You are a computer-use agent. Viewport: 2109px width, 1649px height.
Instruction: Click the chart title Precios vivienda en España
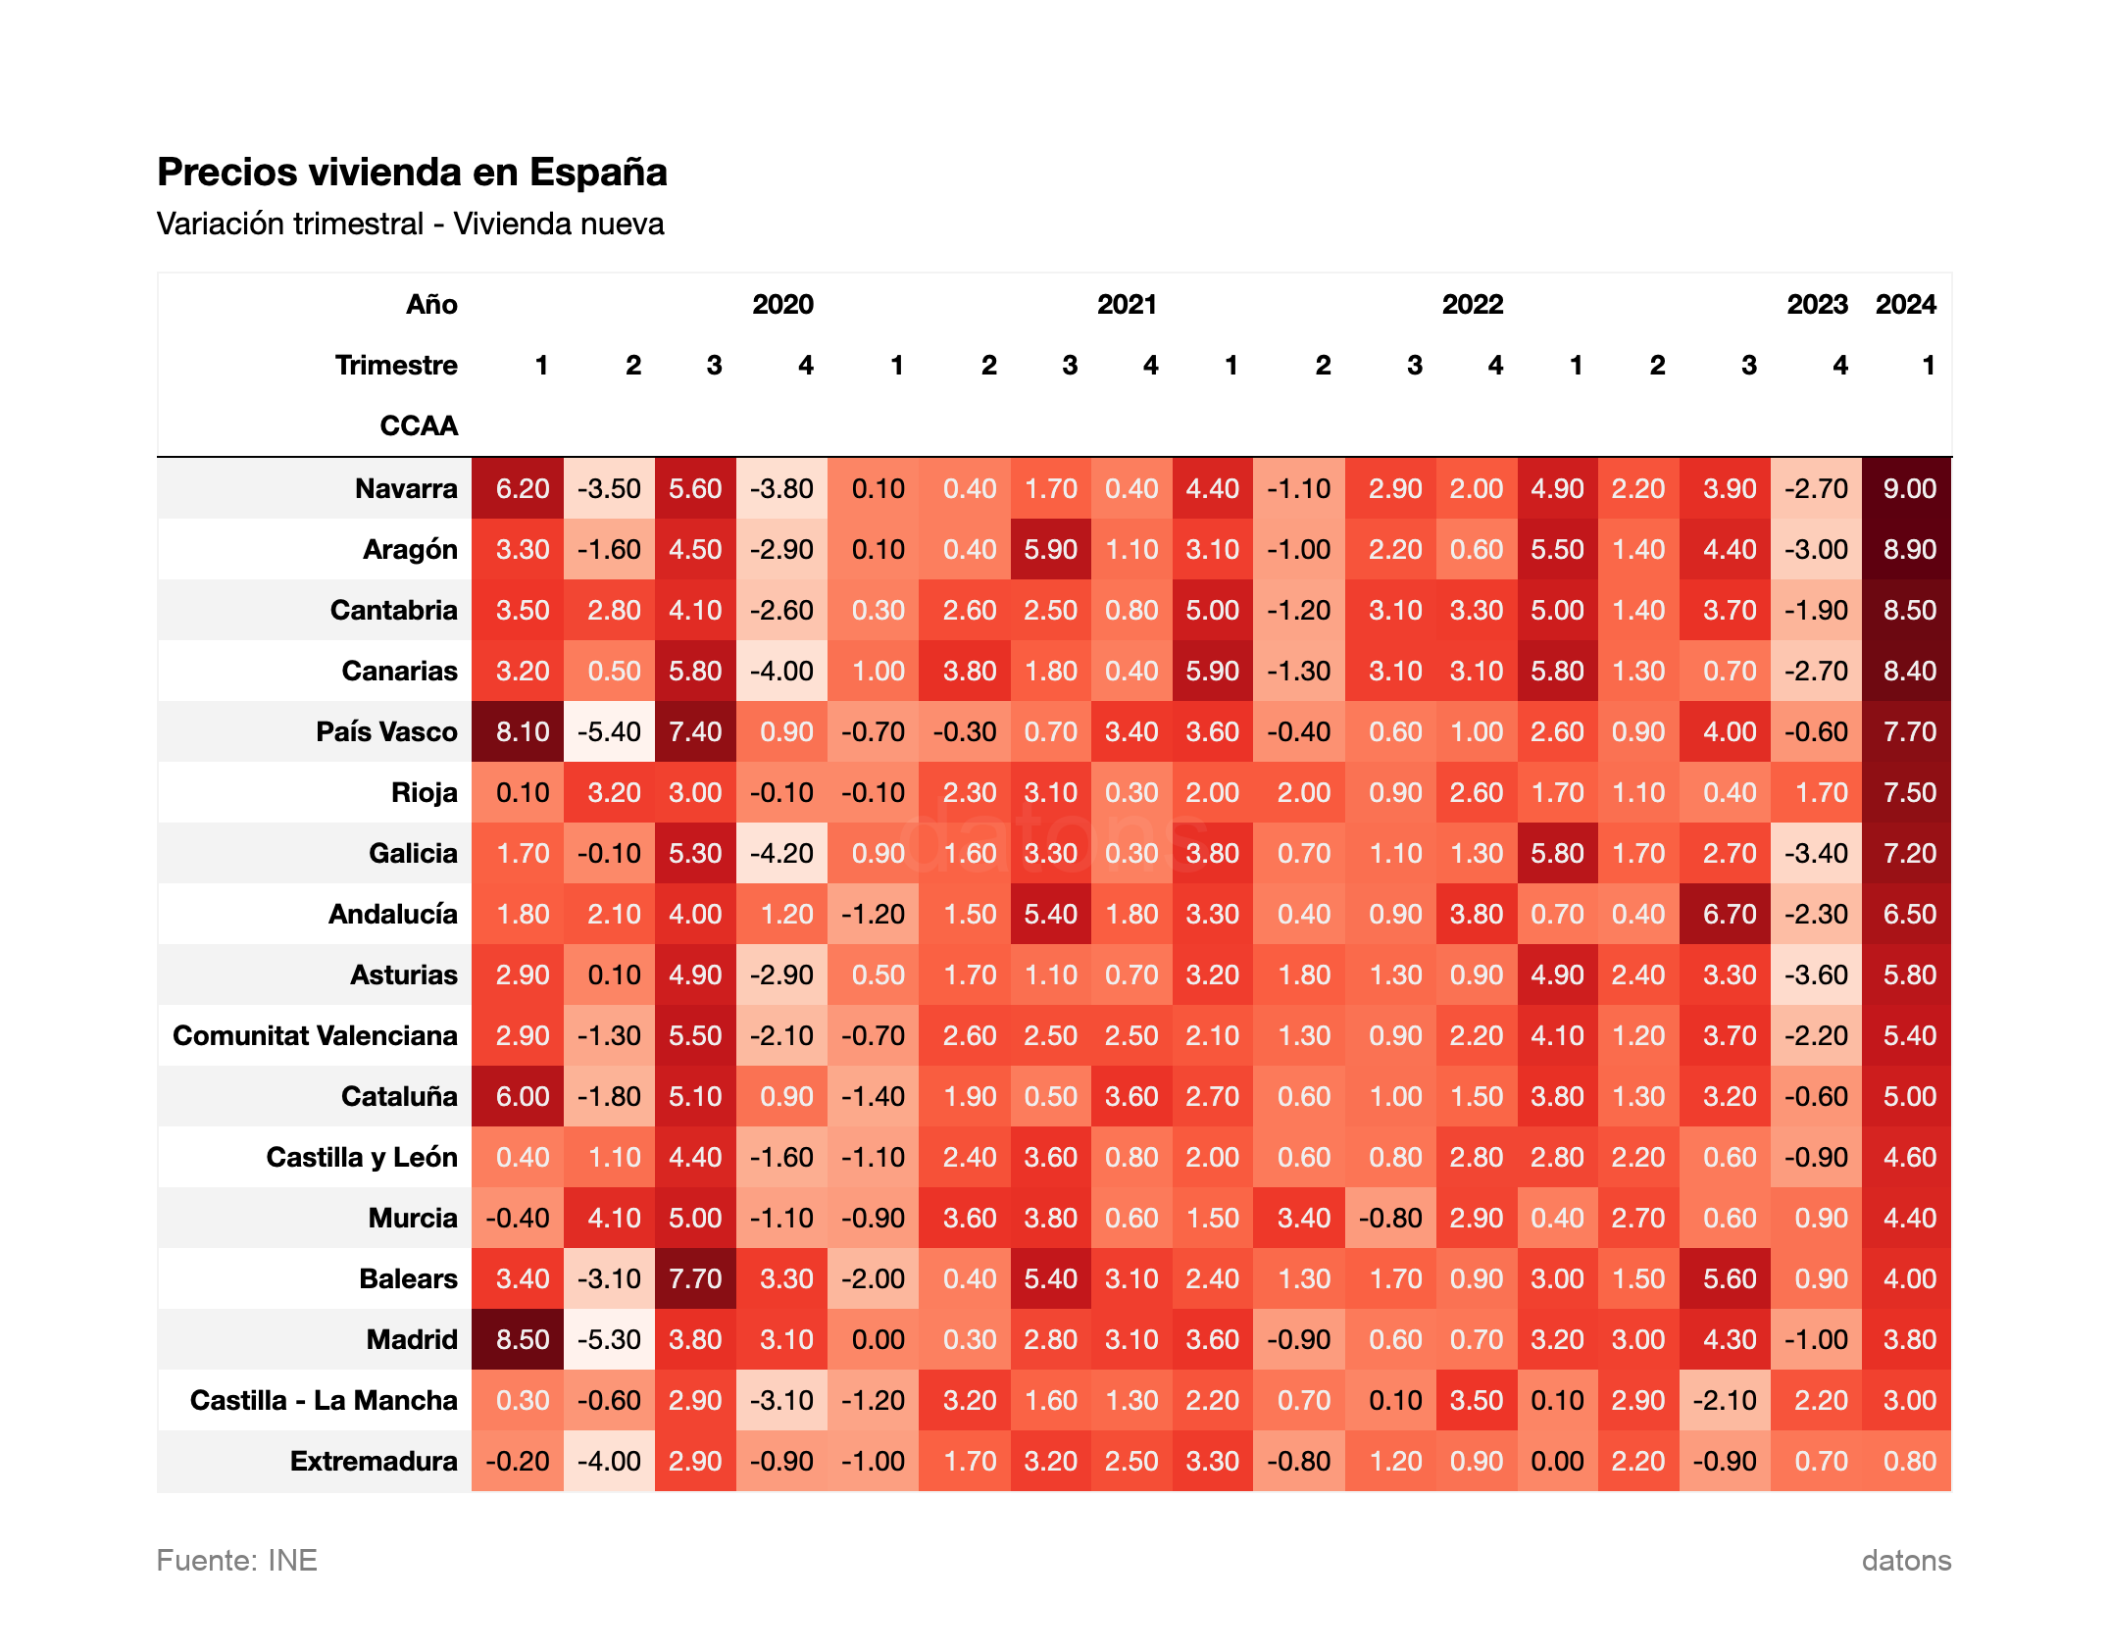pos(412,172)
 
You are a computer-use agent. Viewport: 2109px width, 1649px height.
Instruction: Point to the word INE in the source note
pos(292,1560)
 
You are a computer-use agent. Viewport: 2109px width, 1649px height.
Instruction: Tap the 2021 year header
pos(1127,305)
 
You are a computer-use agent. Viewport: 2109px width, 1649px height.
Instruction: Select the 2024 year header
pos(1905,305)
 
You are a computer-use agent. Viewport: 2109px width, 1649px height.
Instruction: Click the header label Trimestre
pos(396,366)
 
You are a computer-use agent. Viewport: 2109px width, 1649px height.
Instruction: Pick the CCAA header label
pos(419,426)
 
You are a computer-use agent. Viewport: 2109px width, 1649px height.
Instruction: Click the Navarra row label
pos(406,488)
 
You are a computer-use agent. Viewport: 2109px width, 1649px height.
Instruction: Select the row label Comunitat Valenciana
pos(315,1035)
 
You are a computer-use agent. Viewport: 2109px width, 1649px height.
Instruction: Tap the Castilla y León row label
pos(362,1157)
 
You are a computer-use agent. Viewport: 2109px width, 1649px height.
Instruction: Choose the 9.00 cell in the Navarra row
pos(1909,488)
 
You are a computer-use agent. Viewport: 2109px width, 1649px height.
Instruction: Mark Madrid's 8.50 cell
pos(523,1339)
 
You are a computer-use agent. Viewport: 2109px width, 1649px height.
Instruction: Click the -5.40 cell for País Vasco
pos(609,731)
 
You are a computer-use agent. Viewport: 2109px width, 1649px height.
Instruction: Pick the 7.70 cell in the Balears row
pos(695,1278)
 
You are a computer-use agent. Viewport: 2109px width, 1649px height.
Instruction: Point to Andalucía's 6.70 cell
pos(1730,914)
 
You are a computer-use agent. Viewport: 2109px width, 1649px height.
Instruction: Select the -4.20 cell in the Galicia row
pos(781,853)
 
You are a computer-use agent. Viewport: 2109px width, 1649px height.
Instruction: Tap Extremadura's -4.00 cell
pos(609,1461)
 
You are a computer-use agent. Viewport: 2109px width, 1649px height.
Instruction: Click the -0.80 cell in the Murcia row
pos(1390,1218)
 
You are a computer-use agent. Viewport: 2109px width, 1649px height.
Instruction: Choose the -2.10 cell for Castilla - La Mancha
pos(1725,1400)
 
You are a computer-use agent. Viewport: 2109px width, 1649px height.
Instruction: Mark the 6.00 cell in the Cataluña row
pos(523,1096)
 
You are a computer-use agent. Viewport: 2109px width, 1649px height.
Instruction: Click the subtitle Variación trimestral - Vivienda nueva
pos(410,225)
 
